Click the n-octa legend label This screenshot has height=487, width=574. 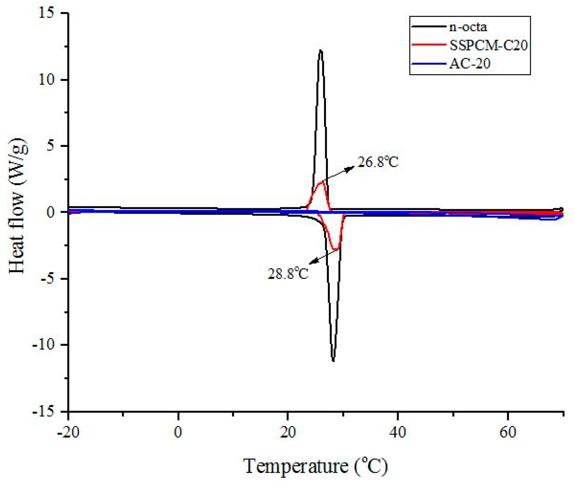pos(468,27)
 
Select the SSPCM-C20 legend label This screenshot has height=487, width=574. pos(488,45)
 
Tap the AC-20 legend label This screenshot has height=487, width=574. pos(470,64)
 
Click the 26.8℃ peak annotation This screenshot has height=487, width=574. pos(378,162)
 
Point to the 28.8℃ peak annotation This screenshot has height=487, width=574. pos(288,274)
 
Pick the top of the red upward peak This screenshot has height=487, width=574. pos(322,182)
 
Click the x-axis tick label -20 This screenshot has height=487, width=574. pos(68,432)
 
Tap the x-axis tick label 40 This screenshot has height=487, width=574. pos(398,432)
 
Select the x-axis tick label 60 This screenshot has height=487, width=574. pos(508,432)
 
